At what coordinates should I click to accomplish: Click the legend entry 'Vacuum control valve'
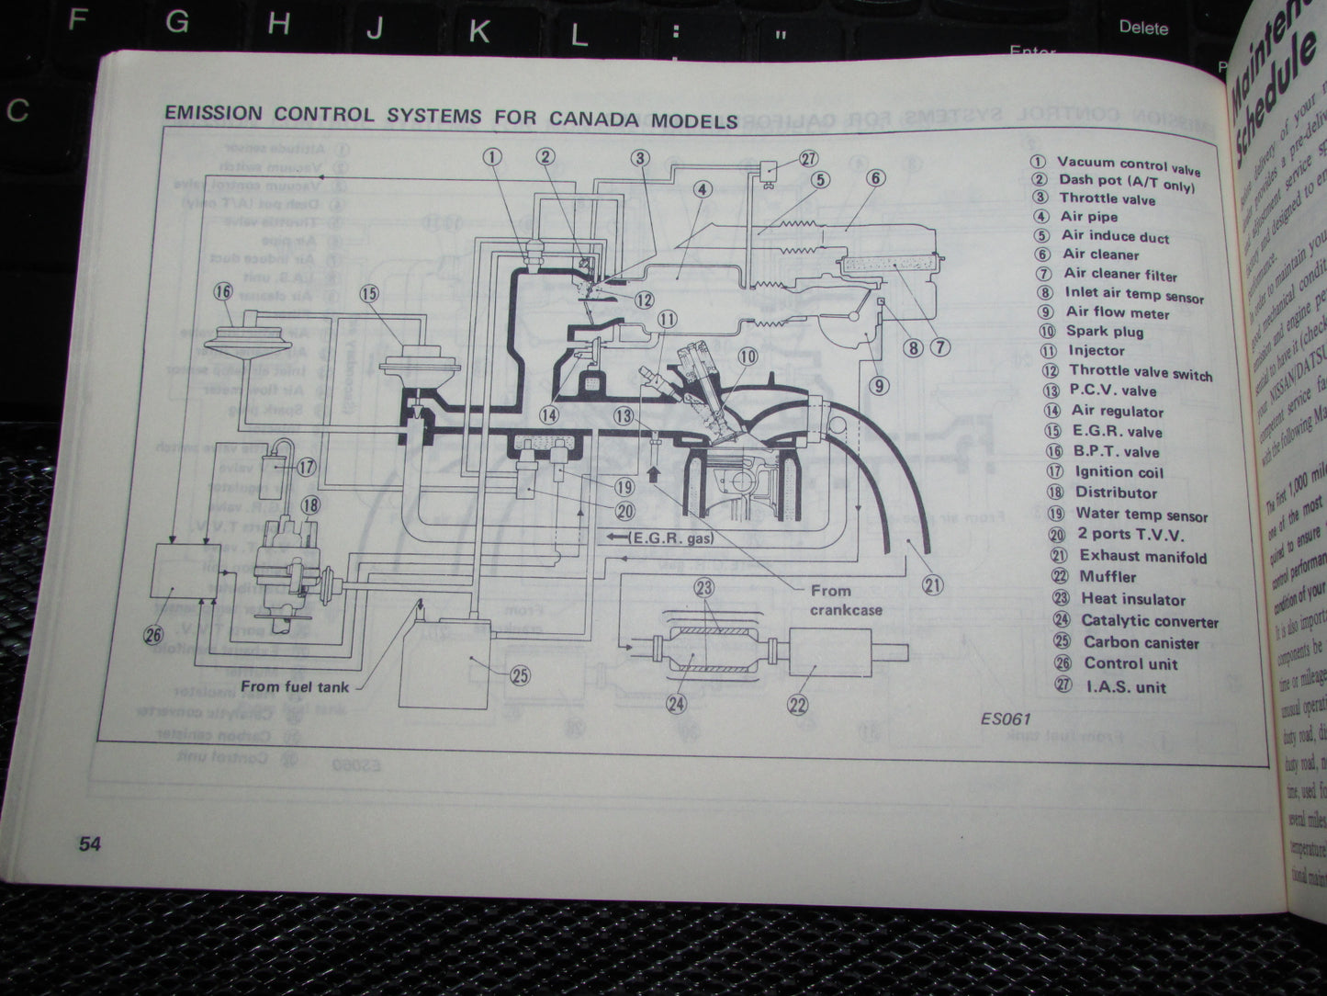click(x=1128, y=165)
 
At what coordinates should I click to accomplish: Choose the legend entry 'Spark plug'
click(x=1104, y=332)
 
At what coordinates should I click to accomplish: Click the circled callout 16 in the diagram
click(x=223, y=292)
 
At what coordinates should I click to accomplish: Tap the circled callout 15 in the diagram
click(x=369, y=294)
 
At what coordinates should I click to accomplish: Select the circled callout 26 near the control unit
click(x=152, y=634)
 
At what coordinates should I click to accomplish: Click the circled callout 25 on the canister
click(x=520, y=675)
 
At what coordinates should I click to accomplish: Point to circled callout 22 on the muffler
click(x=797, y=705)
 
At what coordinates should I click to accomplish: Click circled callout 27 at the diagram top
click(x=807, y=158)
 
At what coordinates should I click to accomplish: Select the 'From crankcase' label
click(x=845, y=600)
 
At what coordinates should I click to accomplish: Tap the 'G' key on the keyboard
click(x=176, y=23)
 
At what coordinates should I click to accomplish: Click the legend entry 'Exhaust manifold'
click(x=1141, y=556)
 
